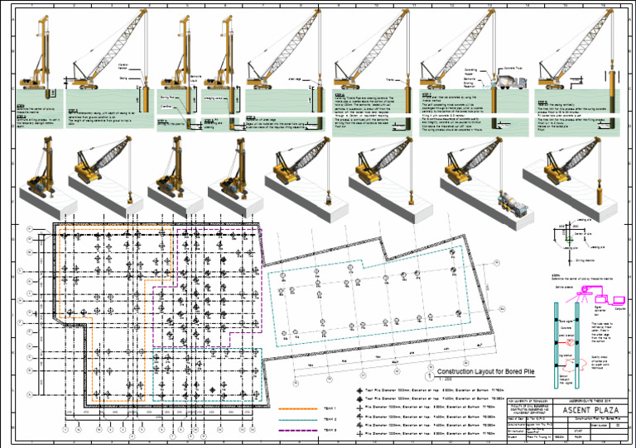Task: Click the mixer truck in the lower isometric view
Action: pos(505,201)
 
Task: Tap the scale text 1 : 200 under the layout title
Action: pos(444,380)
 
